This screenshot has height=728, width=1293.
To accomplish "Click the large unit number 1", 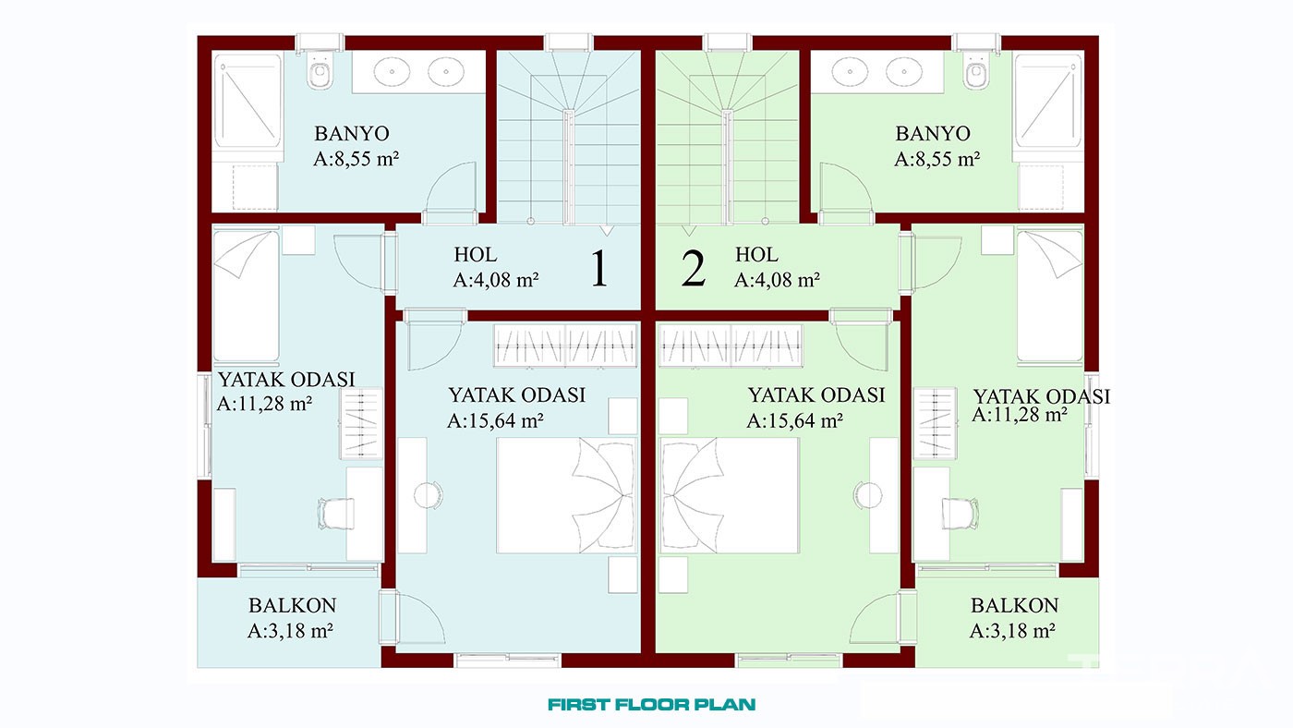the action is coord(599,268).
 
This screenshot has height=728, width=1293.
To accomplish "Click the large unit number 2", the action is coord(694,268).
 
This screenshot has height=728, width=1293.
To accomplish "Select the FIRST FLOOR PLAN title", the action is coord(652,704).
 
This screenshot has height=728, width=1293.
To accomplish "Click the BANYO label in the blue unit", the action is coord(352,133).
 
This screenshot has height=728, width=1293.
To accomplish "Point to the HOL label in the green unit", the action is coord(756,254).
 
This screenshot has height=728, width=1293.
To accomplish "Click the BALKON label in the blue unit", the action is coord(292,605).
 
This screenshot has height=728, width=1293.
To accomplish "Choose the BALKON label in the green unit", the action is coord(1014,605).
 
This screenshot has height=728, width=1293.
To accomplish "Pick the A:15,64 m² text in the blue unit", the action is coord(495,420).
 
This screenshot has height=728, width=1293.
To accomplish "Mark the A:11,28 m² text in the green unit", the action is coord(1020,414).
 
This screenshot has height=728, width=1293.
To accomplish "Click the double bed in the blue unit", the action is coord(567,495).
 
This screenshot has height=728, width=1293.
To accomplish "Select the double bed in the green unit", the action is coord(730,495).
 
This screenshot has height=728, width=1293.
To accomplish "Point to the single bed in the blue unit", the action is coord(247,297).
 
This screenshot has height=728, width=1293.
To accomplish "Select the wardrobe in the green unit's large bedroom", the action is coord(731,346).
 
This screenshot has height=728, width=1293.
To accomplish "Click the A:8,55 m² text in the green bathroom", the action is coord(937,159).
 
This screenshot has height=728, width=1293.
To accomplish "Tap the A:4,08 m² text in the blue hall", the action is coord(496,280).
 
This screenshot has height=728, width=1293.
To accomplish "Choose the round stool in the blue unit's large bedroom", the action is coord(428,495).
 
